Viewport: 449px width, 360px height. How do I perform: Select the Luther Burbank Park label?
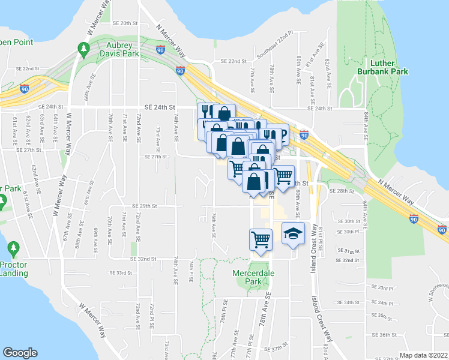click(390, 67)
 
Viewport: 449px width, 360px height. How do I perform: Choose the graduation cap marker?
click(292, 235)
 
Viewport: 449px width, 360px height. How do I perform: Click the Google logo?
click(20, 353)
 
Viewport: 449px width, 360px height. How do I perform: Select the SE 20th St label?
click(125, 23)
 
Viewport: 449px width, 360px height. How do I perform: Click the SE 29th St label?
click(144, 205)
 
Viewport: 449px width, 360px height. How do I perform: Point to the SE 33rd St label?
click(121, 272)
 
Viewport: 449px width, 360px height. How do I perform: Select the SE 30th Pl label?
click(348, 232)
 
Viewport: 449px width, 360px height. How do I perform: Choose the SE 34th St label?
click(348, 302)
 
